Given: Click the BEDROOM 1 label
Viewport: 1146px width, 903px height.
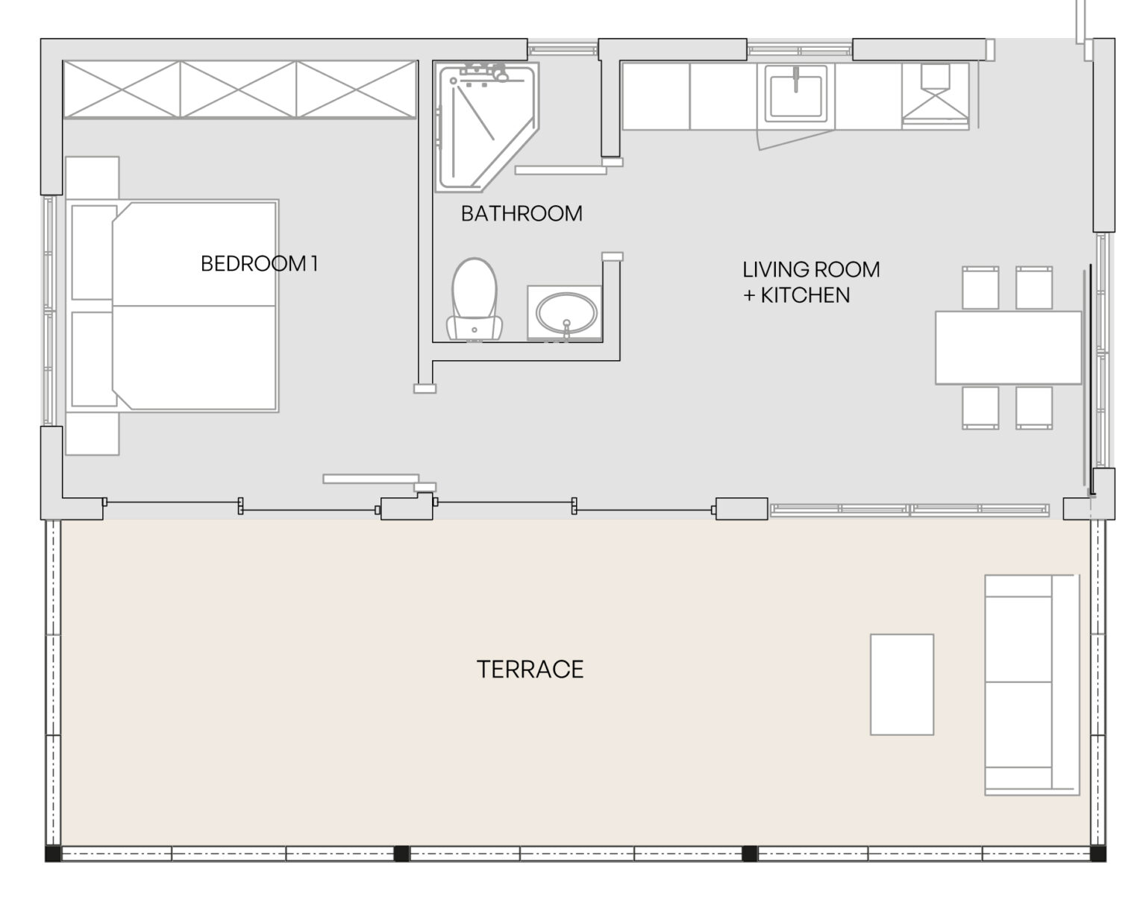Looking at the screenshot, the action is pos(260,263).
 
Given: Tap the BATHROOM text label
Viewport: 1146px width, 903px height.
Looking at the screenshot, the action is pos(522,213).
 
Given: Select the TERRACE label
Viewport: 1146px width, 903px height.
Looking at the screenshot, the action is pos(530,670).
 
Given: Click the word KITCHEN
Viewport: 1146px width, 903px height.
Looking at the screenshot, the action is pos(804,295).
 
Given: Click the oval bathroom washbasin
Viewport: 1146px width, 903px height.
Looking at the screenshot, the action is pos(566,312).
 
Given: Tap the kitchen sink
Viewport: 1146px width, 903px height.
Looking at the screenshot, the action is pos(796,94).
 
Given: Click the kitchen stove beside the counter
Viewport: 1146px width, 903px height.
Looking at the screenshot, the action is pos(935,96).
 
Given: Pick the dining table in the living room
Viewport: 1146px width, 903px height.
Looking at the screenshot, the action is pos(1009,347).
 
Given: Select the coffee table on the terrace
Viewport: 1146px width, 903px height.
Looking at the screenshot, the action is pos(902,685).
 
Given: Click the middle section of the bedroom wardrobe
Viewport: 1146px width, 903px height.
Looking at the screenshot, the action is pos(238,89).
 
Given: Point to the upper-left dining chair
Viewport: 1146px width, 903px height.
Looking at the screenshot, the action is pos(980,288).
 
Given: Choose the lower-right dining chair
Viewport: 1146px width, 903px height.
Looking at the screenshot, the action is pos(1034,408).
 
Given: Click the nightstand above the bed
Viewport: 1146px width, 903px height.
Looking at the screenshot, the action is pos(92,177).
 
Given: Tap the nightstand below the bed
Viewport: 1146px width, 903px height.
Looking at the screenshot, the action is pos(92,433).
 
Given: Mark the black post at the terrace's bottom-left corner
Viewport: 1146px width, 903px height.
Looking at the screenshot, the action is pos(53,854).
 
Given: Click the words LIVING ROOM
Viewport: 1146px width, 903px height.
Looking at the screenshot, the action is pos(811,269).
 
